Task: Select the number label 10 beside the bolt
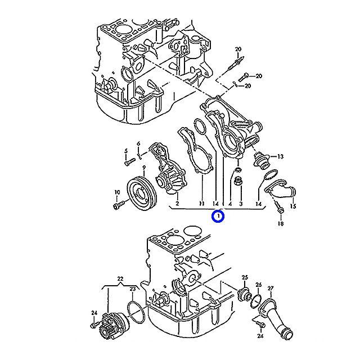pyautogui.click(x=118, y=193)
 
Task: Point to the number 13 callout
pyautogui.click(x=280, y=156)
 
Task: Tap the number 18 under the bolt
pyautogui.click(x=280, y=224)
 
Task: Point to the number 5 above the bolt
pyautogui.click(x=126, y=151)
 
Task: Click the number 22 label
pyautogui.click(x=120, y=279)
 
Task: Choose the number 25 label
pyautogui.click(x=245, y=277)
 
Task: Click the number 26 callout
pyautogui.click(x=259, y=285)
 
